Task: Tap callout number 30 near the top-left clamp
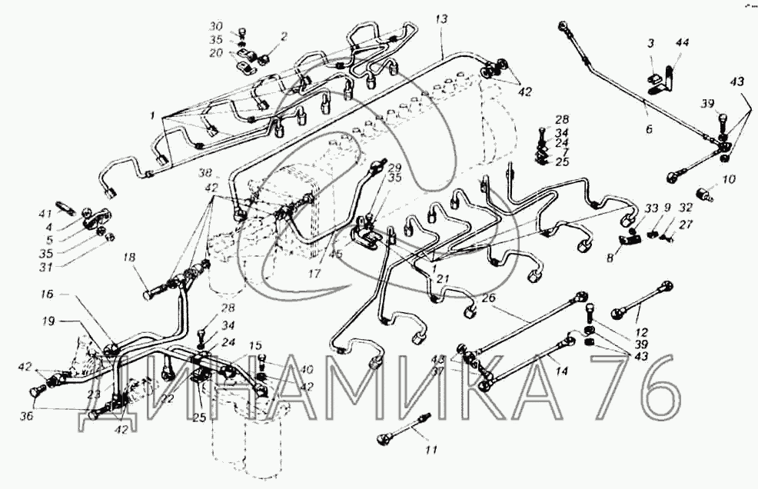[x=238, y=26]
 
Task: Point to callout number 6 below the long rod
[x=649, y=130]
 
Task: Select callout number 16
[x=48, y=294]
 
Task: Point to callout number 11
[x=431, y=449]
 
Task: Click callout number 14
[x=562, y=370]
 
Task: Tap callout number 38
[x=203, y=173]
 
